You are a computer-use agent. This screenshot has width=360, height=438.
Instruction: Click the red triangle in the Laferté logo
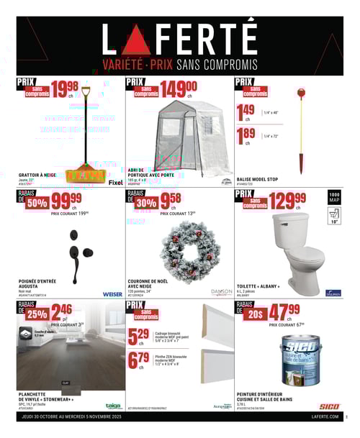click(136, 42)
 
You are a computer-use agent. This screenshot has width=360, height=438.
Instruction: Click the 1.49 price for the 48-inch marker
click(246, 111)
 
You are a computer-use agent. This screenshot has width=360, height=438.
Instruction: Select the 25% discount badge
click(37, 313)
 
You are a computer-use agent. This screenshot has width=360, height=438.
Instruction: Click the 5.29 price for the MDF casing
click(138, 336)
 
